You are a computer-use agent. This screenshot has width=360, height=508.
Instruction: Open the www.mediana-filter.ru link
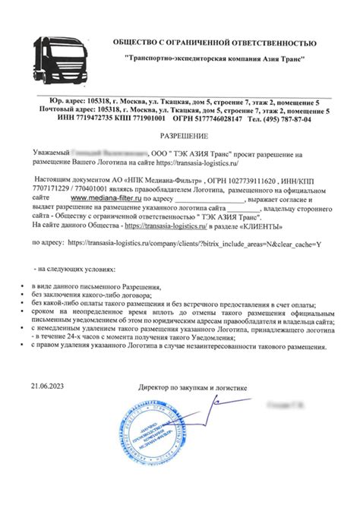109,195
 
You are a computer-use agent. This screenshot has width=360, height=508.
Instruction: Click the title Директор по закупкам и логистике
194,388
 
